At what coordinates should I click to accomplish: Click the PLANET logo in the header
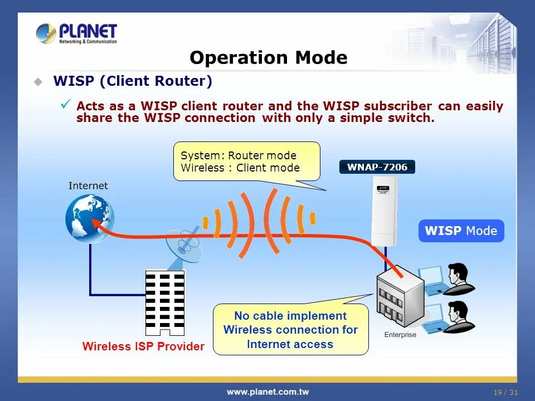76,33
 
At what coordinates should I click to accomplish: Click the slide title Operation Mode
268,58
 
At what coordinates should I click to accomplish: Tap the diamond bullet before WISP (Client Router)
38,82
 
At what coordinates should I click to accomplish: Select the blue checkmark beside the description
66,104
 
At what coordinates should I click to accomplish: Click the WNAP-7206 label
377,167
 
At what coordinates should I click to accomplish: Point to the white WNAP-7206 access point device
384,211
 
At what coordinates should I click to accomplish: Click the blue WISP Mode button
461,231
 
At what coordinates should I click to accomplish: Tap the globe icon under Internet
90,218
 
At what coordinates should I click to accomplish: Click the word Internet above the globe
88,185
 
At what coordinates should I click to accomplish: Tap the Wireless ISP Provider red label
143,346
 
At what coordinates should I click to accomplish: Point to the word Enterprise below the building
400,335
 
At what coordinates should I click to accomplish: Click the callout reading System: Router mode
246,162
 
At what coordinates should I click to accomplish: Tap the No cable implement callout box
290,330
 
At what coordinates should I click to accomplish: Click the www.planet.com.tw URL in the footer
267,392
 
